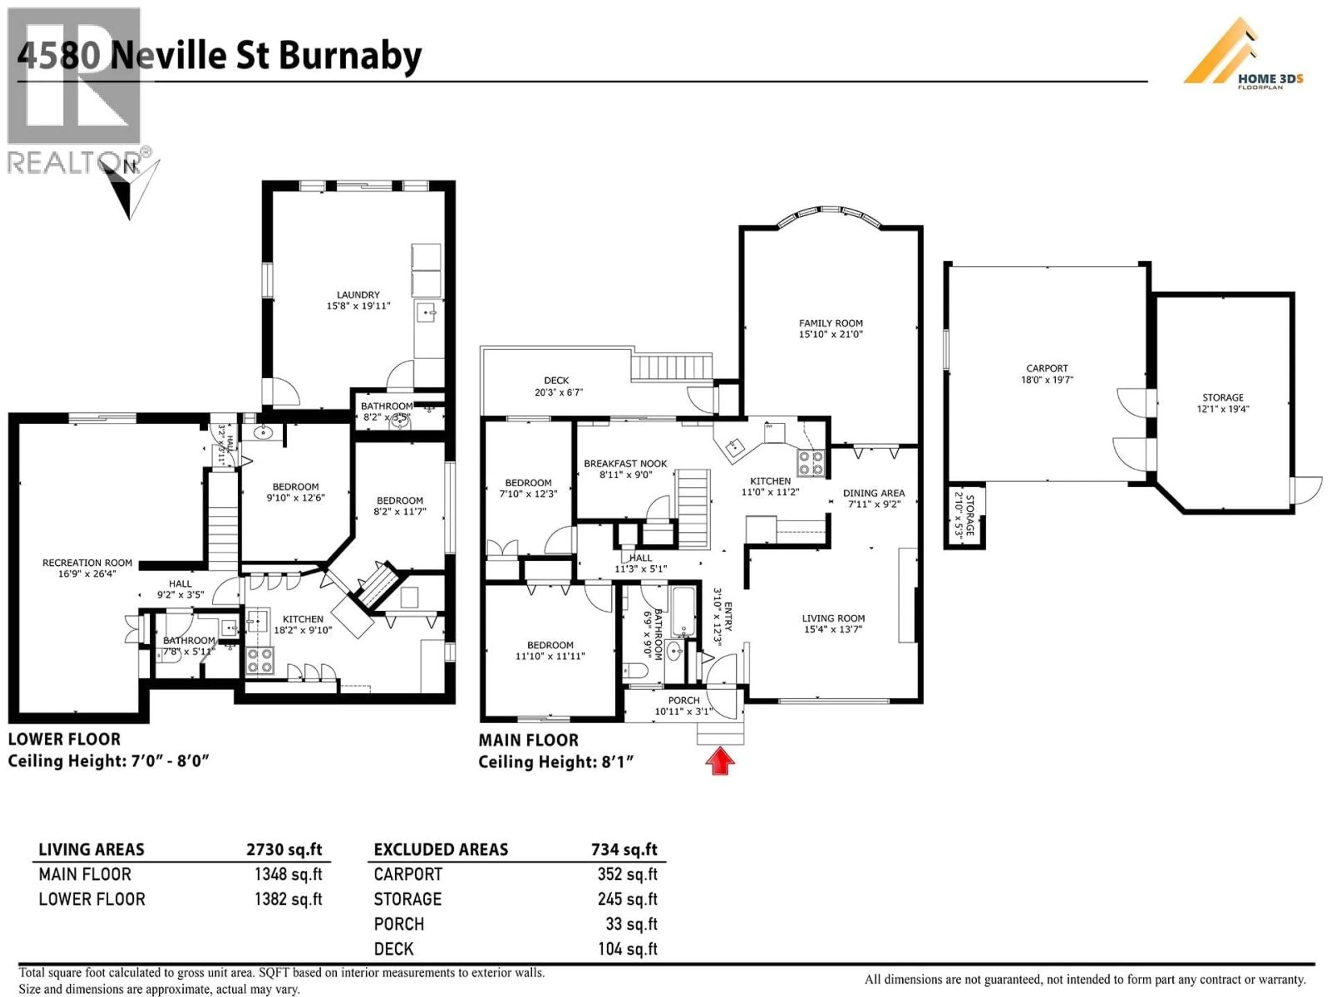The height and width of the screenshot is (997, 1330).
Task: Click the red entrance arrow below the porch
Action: [720, 761]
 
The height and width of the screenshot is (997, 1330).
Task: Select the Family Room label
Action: [830, 323]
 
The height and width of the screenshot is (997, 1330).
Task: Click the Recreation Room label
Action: [87, 563]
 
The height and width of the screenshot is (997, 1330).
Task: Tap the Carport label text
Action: [1047, 368]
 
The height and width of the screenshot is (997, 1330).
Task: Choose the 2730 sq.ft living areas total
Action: [284, 849]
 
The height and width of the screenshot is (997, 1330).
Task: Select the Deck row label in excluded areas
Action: [394, 949]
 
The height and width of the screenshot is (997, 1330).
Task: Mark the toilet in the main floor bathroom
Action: [635, 670]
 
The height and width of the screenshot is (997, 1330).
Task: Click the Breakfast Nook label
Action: [625, 463]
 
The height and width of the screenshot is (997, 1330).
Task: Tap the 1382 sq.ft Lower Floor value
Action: [288, 899]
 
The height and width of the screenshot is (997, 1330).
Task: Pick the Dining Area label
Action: [873, 493]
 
